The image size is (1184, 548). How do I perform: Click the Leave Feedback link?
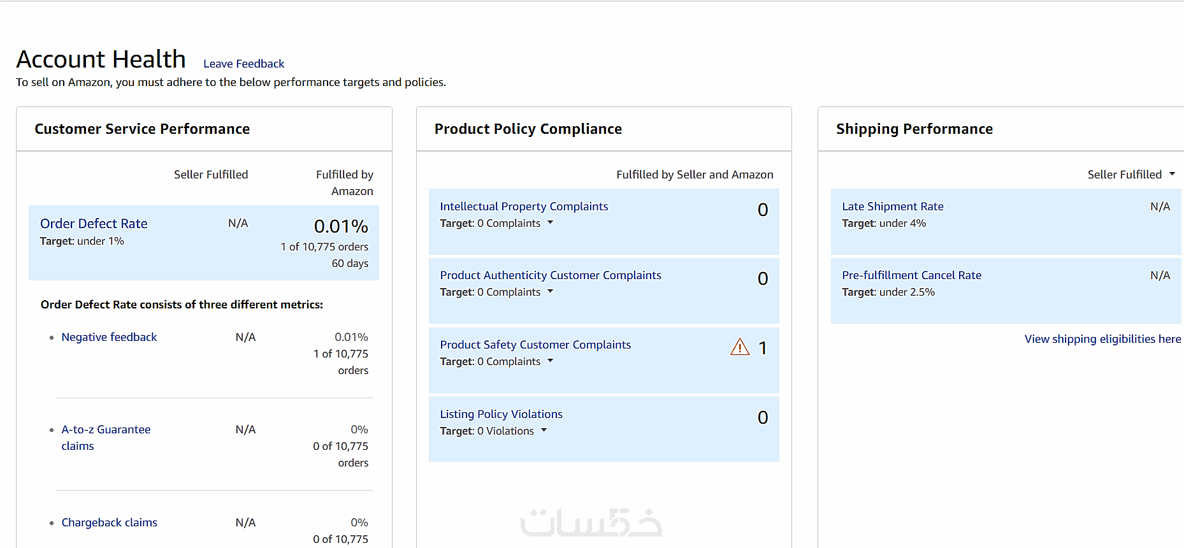(243, 64)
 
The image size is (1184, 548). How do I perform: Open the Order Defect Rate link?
(94, 224)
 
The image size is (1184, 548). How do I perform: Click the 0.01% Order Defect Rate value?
(341, 226)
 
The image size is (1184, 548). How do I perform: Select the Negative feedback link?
(109, 337)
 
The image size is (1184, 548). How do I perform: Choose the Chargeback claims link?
(109, 523)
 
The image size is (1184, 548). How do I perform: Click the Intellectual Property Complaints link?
(524, 206)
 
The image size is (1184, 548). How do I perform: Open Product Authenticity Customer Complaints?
(551, 275)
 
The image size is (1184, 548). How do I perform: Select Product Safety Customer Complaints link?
(535, 345)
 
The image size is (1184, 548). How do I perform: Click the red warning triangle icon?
(740, 347)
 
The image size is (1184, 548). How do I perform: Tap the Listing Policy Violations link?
(501, 414)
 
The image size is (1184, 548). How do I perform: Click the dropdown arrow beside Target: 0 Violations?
(544, 430)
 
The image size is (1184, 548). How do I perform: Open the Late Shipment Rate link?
(892, 206)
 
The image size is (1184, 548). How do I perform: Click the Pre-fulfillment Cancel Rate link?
(911, 275)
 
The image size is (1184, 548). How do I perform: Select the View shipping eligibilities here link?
(1102, 339)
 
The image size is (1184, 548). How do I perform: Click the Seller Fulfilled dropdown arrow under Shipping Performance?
(1172, 174)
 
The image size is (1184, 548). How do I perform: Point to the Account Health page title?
(101, 59)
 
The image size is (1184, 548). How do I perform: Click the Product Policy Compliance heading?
(528, 129)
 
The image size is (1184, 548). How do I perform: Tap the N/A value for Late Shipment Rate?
(1160, 206)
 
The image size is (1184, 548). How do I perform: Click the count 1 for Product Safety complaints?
(763, 348)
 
